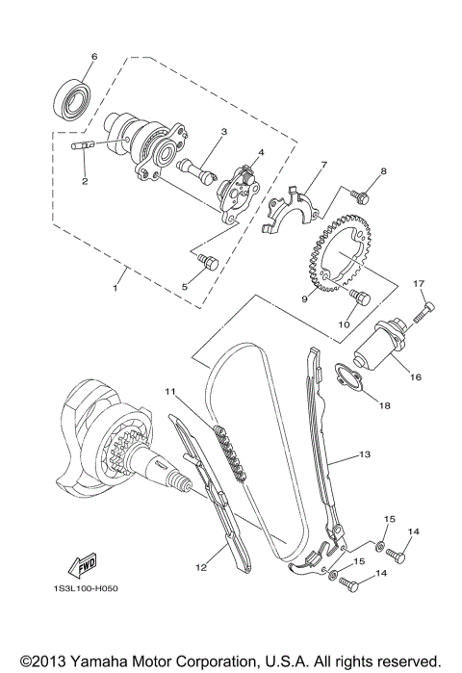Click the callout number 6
(x=93, y=57)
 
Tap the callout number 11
(x=168, y=392)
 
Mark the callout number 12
(x=202, y=568)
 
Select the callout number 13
(x=364, y=453)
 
